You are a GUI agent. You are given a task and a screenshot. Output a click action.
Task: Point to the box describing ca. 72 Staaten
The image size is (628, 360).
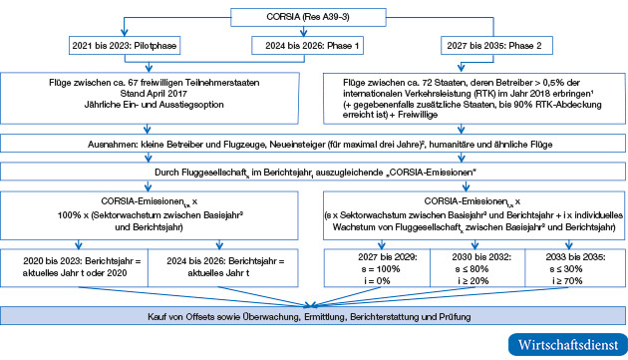point(472,96)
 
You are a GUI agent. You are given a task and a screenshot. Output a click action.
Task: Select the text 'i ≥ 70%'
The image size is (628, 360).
point(575,280)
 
